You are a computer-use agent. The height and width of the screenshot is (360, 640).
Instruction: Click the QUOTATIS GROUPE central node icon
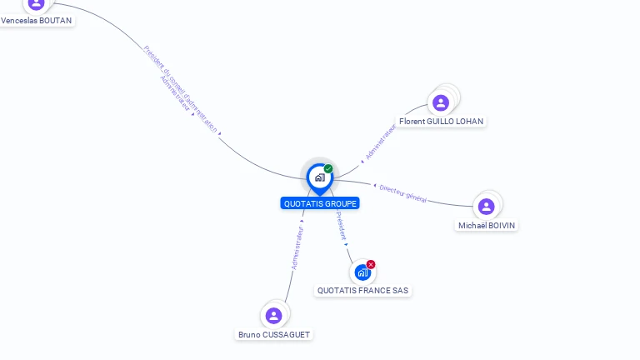coord(320,177)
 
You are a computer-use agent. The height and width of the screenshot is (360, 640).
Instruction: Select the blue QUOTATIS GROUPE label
coord(320,203)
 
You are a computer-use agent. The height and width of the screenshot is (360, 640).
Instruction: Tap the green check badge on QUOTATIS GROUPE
coord(328,169)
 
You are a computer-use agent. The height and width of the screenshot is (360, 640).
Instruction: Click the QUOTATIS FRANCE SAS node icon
coord(362,272)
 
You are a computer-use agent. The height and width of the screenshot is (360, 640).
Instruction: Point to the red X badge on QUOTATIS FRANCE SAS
coord(371,264)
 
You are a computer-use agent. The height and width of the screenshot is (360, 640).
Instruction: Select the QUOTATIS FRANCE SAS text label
coord(362,291)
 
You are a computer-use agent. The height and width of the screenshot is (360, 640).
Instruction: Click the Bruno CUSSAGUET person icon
coord(273,316)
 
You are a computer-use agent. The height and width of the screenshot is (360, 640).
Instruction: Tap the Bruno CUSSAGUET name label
coord(274,334)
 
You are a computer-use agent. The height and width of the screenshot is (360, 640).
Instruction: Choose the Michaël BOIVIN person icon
coord(487,207)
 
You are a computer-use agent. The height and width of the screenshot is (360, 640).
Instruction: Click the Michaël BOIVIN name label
coord(487,225)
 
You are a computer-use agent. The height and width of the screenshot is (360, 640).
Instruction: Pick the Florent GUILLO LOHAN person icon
coord(441,102)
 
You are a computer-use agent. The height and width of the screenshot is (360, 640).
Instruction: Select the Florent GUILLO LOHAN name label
coord(441,121)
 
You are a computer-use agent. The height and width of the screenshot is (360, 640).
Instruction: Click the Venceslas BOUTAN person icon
coord(36,4)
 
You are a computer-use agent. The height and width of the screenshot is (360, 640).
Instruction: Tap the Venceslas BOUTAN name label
coord(37,20)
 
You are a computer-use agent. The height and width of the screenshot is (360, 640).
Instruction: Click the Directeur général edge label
coord(402,193)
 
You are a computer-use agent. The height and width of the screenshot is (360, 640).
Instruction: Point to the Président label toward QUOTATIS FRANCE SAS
coord(341,227)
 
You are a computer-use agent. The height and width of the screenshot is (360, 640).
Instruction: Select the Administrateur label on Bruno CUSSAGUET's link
coord(297,247)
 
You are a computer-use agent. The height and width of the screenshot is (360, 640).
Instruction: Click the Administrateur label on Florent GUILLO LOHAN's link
coord(380,141)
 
